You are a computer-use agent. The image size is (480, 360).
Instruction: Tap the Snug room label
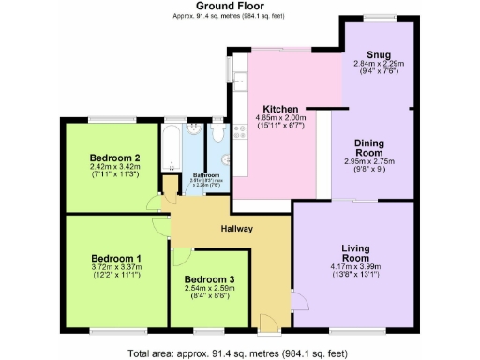tap(378, 54)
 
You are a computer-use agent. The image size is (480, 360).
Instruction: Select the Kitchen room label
tap(280, 109)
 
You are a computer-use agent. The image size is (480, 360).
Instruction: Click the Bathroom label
tap(206, 175)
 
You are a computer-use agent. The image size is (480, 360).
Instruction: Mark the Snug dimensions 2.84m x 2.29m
tap(378, 64)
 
